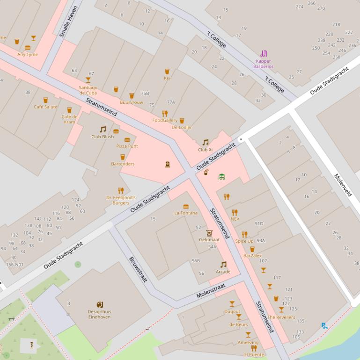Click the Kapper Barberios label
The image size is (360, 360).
[263, 64]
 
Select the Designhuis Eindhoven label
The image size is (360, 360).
[99, 314]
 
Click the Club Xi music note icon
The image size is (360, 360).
[205, 142]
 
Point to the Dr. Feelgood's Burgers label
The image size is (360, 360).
[121, 200]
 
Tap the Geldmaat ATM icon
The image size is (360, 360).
[209, 233]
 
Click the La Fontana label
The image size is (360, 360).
[186, 213]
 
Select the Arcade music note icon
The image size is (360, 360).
[223, 265]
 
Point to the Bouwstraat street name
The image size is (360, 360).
[138, 269]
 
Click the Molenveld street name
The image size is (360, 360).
[343, 185]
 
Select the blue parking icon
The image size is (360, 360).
[324, 326]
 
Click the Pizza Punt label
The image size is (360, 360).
[127, 146]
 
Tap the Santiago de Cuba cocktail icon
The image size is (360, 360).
[88, 80]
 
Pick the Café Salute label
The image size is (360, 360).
[45, 107]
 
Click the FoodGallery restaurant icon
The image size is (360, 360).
[164, 114]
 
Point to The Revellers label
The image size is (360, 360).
[281, 317]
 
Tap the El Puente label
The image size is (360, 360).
[254, 354]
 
